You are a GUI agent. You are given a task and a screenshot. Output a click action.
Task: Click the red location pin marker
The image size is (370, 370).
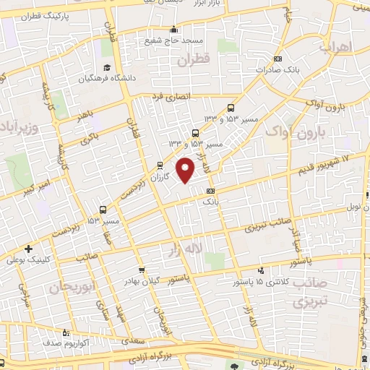pyautogui.click(x=186, y=171)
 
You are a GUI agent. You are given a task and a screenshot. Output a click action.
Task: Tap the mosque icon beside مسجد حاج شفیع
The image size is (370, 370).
pyautogui.click(x=173, y=30)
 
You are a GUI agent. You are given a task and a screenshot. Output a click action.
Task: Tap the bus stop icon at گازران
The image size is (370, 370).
pyautogui.click(x=160, y=165)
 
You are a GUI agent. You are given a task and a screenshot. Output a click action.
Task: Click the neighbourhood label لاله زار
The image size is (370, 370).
pyautogui.click(x=184, y=249)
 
